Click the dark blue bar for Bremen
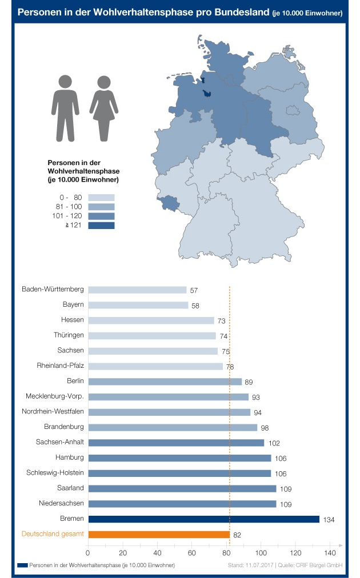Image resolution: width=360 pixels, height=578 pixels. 203,519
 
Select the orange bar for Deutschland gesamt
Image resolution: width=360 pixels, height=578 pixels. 159,534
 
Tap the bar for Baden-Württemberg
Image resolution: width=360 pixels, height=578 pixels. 138,290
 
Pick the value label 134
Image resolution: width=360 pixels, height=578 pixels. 329,520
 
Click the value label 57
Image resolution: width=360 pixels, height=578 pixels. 194,291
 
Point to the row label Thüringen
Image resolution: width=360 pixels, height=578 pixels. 69,335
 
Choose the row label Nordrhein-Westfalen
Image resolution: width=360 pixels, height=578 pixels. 53,411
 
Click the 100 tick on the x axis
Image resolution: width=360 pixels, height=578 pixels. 261,553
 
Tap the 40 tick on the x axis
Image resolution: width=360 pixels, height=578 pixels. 157,553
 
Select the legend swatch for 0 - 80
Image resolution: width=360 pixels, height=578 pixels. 102,198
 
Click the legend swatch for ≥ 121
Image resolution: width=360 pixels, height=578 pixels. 102,225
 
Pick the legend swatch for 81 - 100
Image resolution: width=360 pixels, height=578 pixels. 102,207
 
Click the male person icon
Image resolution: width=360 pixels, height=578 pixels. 65,109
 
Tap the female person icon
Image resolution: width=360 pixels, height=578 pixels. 103,109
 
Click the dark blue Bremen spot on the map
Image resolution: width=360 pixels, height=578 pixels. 207,94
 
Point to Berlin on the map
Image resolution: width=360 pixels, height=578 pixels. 293,110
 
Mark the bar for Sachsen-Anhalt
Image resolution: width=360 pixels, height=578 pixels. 177,443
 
